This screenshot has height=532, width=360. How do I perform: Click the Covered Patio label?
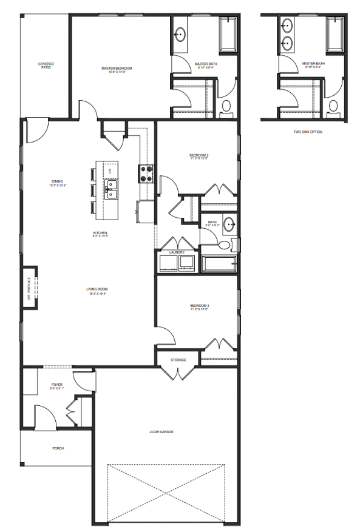coord(46,65)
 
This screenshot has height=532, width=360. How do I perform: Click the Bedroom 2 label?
coord(199,157)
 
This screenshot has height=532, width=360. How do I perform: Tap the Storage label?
coord(178,360)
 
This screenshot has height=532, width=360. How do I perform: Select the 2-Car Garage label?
coord(161,431)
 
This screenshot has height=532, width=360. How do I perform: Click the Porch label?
coord(58,448)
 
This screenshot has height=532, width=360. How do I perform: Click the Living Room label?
coord(97,291)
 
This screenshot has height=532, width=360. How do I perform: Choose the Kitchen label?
coord(100,234)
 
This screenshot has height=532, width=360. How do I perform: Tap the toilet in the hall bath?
coord(224,245)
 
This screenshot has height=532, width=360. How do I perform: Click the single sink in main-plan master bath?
coord(180,35)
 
